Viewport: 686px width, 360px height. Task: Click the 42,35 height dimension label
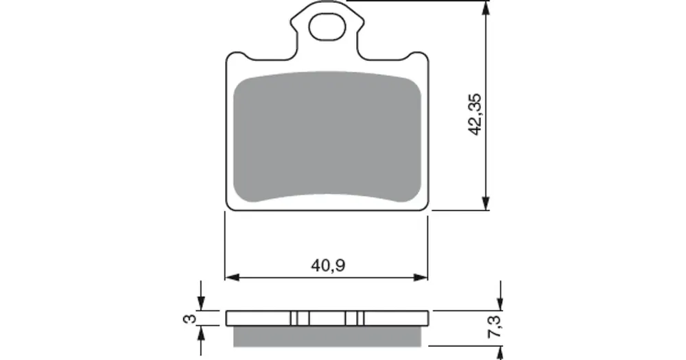point(475,114)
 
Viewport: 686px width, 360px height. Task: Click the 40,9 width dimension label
point(328,265)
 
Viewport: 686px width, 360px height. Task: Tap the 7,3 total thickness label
point(495,326)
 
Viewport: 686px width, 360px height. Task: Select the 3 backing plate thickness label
point(189,318)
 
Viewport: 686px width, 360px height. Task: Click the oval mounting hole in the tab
point(327,27)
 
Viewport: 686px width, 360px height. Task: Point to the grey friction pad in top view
point(327,137)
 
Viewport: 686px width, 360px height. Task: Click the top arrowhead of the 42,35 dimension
point(486,8)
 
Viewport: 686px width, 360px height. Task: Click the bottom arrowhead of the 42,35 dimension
point(486,203)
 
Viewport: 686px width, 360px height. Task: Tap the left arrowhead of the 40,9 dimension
point(233,277)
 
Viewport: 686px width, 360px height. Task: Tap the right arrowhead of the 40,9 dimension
point(420,277)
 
